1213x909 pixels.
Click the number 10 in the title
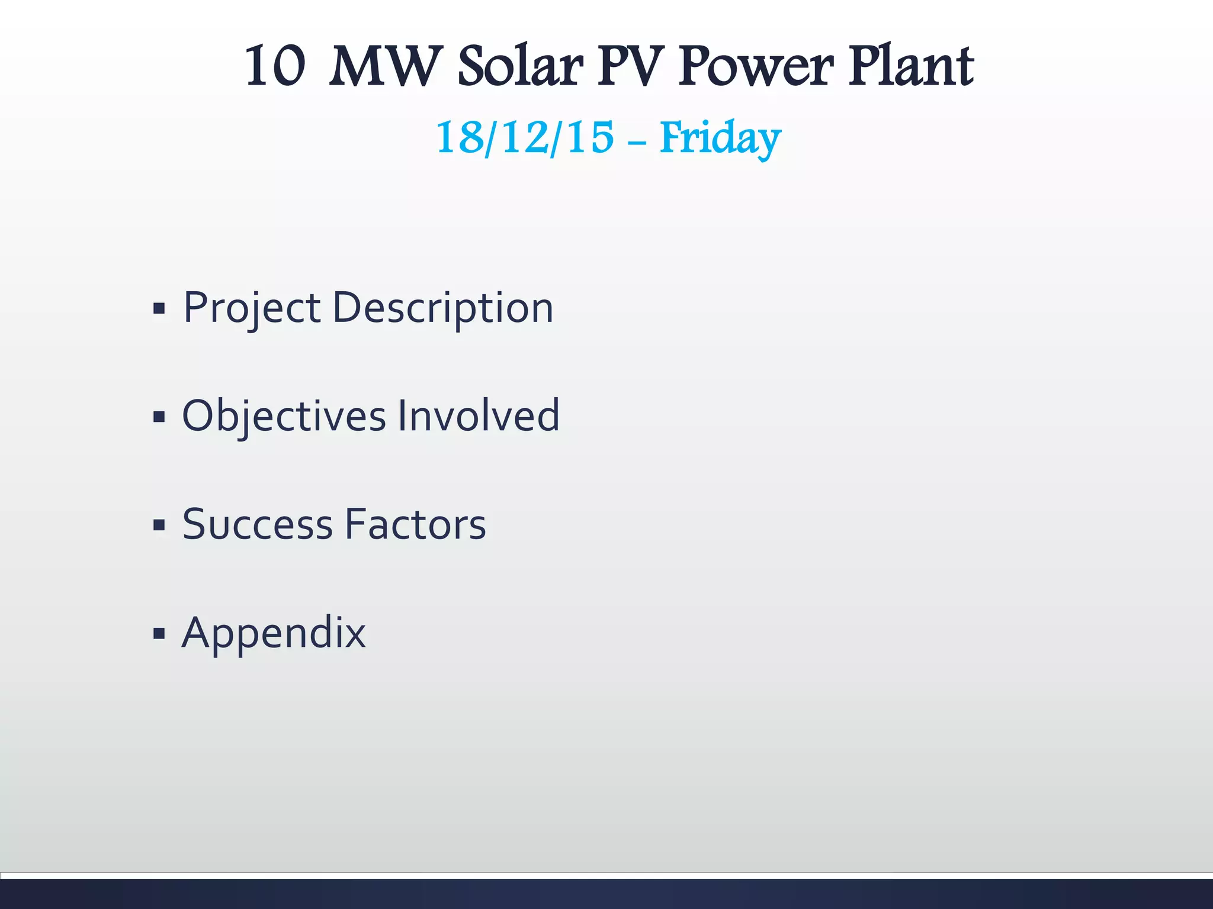(275, 66)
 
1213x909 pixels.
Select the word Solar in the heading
(521, 66)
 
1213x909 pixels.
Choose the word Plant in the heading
(911, 66)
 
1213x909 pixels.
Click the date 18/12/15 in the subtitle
(525, 137)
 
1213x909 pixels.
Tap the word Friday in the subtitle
(720, 137)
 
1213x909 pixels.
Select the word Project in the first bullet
(252, 308)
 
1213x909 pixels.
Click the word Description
(443, 308)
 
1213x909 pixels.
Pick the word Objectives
(284, 416)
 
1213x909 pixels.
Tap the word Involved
(479, 416)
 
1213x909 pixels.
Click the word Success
(258, 525)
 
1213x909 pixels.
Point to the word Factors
(415, 525)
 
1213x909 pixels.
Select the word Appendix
(274, 634)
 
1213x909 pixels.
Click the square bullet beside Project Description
(159, 309)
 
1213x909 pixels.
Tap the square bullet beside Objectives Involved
(159, 417)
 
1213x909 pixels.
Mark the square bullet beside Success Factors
(159, 526)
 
